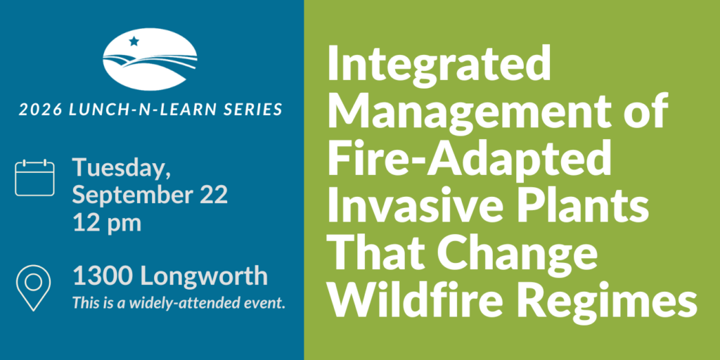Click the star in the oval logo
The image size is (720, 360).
pos(134,41)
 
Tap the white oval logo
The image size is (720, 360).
pos(150,59)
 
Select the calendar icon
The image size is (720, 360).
pos(34,178)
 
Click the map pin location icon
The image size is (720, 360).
pos(33,288)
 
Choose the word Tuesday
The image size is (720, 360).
pos(121,170)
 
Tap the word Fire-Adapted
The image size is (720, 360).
pos(469,158)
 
